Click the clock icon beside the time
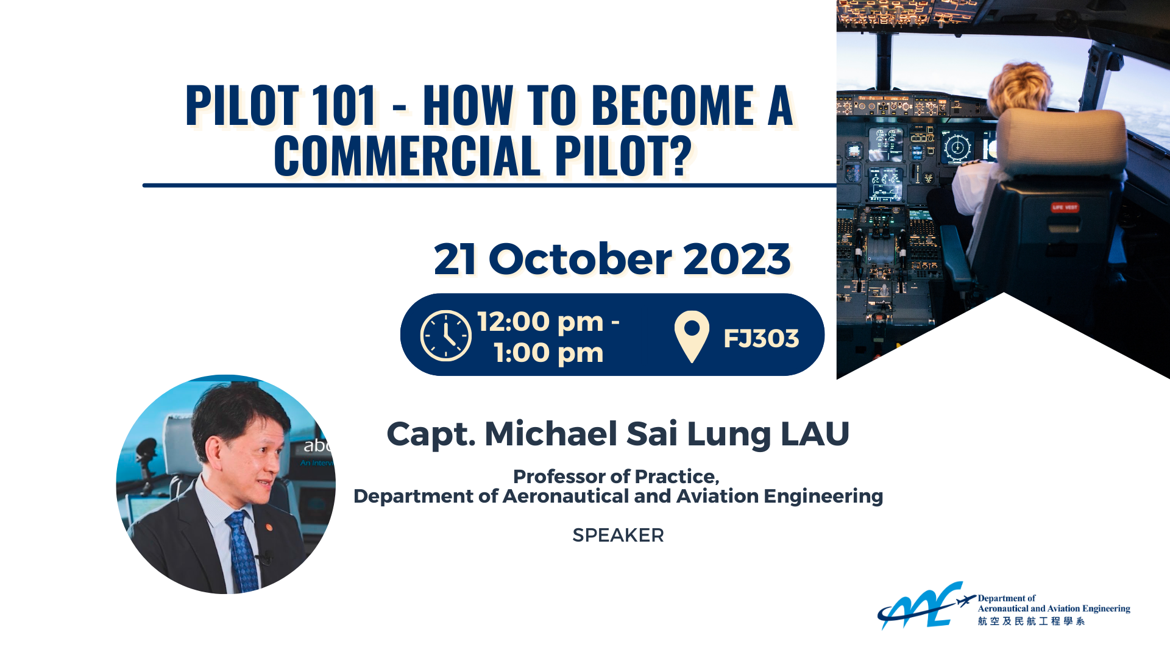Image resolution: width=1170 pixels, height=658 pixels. point(445,336)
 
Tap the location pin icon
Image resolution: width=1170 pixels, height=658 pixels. point(692,336)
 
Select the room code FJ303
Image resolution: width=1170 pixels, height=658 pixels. point(761,339)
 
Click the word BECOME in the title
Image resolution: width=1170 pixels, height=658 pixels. point(673,105)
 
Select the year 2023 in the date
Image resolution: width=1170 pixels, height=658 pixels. point(737,259)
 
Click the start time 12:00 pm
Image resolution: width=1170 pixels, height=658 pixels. point(541,322)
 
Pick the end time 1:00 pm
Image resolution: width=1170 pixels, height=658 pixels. point(548,353)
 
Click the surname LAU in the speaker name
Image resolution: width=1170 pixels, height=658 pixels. point(815,434)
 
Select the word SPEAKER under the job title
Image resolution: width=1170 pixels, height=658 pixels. point(618,535)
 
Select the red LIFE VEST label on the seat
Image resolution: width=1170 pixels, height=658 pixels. point(1064,207)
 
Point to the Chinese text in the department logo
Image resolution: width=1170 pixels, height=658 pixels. point(1031,621)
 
